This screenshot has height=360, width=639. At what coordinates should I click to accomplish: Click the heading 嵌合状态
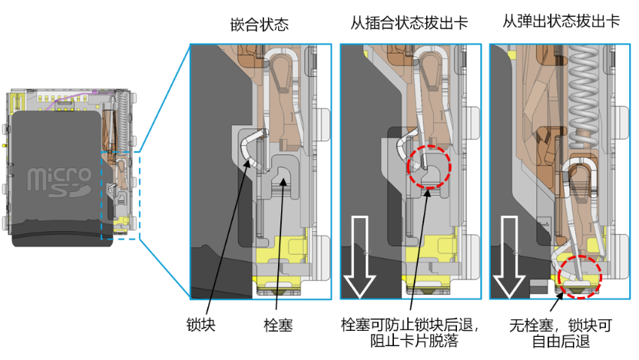coord(260,25)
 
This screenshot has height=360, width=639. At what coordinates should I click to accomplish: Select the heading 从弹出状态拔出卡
coord(561,21)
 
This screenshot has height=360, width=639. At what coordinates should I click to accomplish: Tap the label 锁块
coord(200,325)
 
